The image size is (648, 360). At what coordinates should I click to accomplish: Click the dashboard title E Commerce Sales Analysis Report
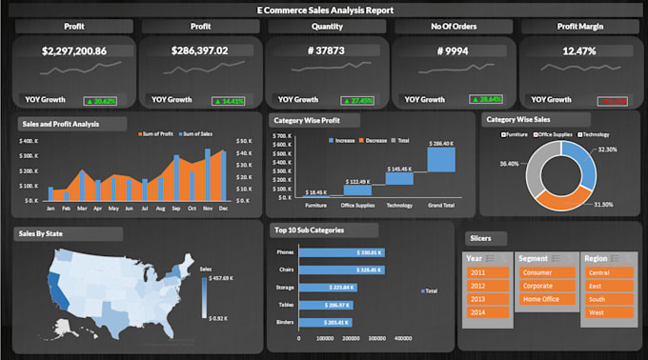click(x=324, y=10)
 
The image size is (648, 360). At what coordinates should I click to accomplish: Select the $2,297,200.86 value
click(x=73, y=50)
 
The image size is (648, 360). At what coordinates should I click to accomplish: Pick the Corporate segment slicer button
click(x=544, y=284)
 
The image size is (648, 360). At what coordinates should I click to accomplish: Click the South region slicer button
click(x=606, y=298)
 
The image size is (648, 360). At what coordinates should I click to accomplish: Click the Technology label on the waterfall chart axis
click(x=398, y=205)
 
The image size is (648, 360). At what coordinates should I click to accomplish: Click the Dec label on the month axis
click(x=223, y=207)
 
